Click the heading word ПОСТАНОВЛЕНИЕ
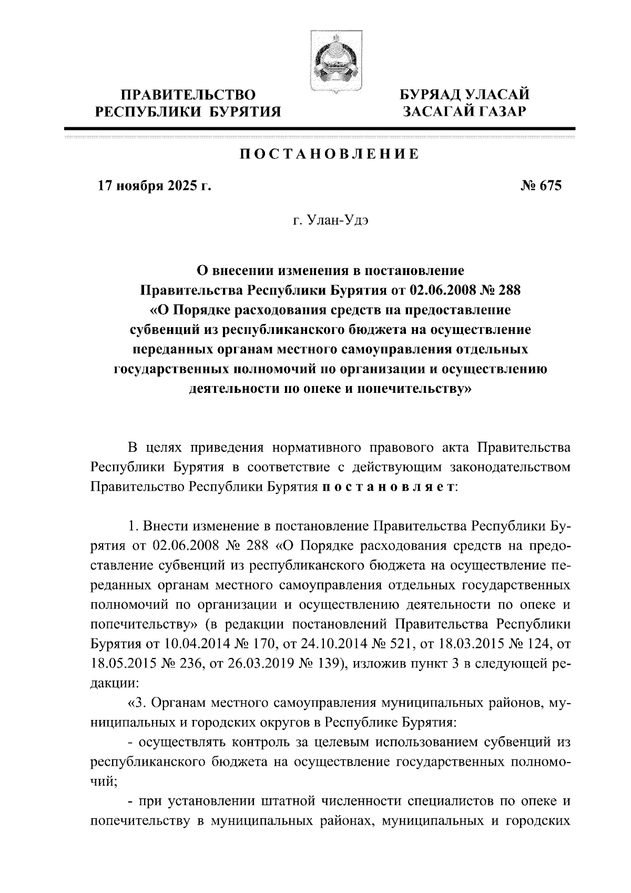pos(330,154)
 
